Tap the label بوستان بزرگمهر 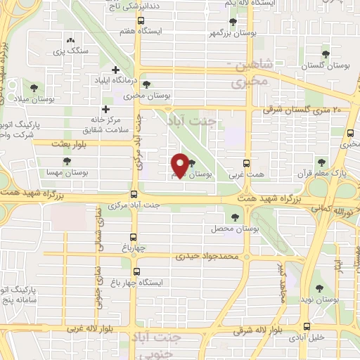click(229, 33)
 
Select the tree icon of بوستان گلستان click(325, 53)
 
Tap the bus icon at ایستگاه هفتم click(141, 21)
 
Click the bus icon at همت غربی click(246, 162)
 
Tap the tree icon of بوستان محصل click(234, 217)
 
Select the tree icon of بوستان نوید click(320, 288)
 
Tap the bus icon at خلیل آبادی click(306, 326)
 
